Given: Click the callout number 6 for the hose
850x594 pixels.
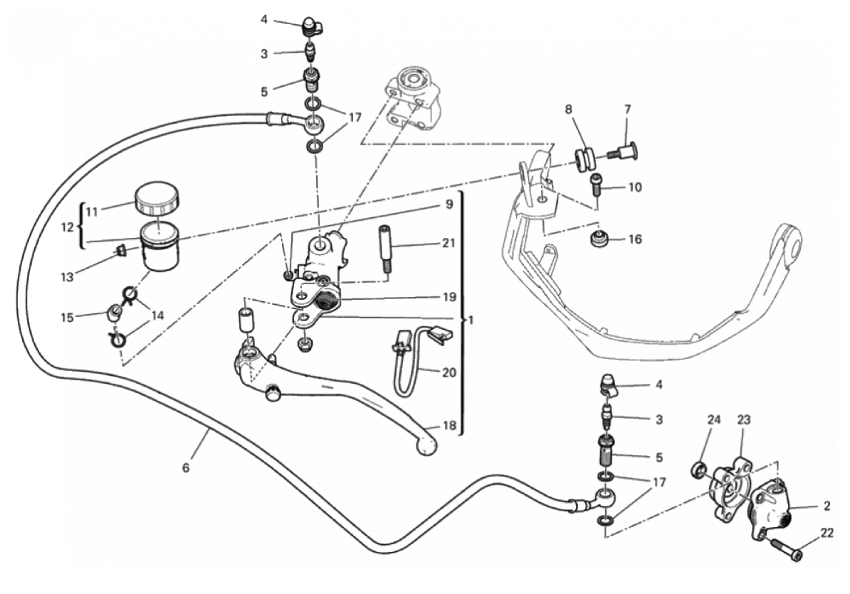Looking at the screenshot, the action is [186, 467].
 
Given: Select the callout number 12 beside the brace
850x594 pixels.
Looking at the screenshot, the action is [67, 227].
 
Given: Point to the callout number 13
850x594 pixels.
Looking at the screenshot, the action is [67, 277].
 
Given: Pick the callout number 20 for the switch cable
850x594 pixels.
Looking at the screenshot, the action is [449, 372].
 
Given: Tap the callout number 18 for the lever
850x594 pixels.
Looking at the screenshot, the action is [449, 426].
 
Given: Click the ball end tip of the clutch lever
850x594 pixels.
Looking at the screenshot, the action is [426, 445].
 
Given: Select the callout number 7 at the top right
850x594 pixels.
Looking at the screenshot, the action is [628, 110].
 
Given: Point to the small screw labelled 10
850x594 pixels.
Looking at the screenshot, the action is [595, 183].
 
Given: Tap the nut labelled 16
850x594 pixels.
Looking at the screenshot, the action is [599, 239].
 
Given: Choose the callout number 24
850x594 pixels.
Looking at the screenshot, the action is [714, 420].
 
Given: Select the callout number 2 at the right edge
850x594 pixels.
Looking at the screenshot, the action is [827, 506].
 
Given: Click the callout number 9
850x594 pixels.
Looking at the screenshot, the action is [449, 204].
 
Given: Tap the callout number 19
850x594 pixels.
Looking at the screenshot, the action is [449, 297].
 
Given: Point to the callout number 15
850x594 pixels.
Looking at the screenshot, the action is [67, 318].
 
